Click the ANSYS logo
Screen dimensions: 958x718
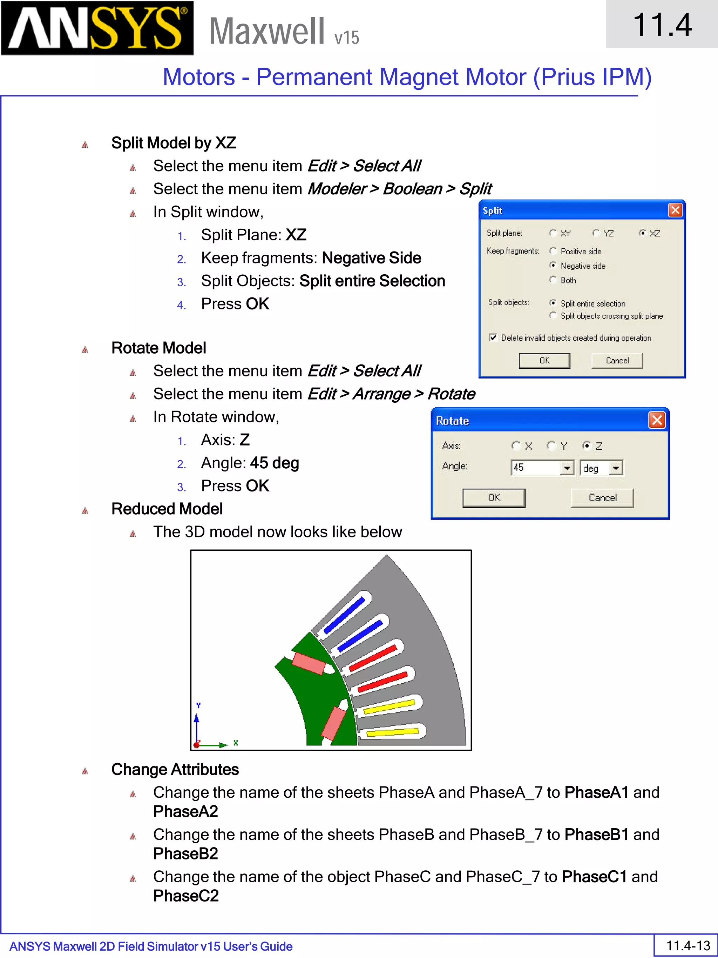[x=97, y=28]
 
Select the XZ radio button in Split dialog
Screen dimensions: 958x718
[x=643, y=233]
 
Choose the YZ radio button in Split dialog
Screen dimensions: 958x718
[x=596, y=233]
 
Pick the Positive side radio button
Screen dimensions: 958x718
[x=553, y=251]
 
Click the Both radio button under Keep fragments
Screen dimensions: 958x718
[x=553, y=280]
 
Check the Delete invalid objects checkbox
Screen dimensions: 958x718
[x=493, y=337]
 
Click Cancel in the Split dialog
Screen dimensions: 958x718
[x=617, y=360]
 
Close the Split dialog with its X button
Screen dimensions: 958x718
[x=675, y=210]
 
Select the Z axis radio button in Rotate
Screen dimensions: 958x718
[x=587, y=445]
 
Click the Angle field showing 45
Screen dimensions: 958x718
[x=536, y=468]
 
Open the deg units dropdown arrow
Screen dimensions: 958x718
[x=616, y=468]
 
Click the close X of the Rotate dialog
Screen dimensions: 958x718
[x=657, y=420]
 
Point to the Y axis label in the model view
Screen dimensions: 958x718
[x=198, y=705]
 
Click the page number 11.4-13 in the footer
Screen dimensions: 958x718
[x=688, y=945]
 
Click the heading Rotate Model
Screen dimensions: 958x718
[x=158, y=348]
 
